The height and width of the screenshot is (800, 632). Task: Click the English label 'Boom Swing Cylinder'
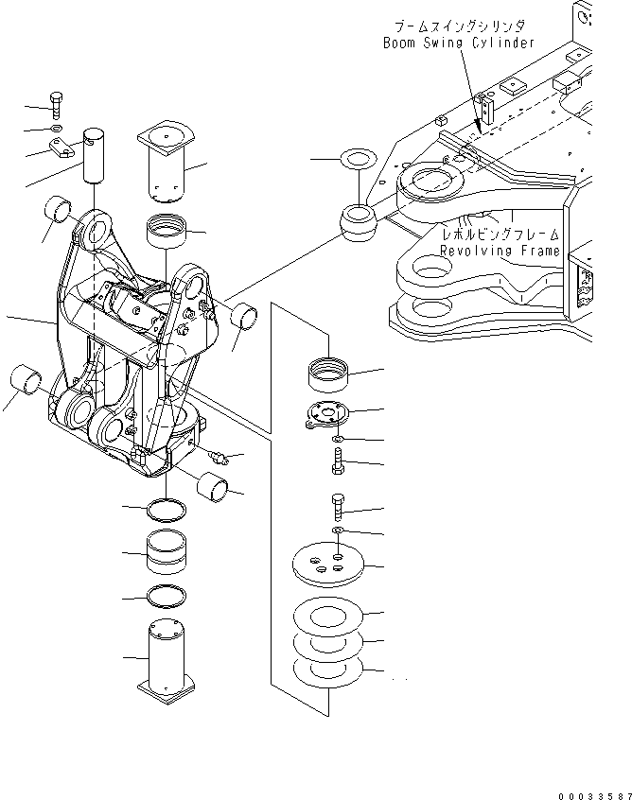pyautogui.click(x=458, y=43)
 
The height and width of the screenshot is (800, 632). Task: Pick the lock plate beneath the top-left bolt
pyautogui.click(x=63, y=146)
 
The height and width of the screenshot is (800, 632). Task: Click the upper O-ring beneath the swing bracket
pyautogui.click(x=166, y=512)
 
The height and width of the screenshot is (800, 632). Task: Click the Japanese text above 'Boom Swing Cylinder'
pyautogui.click(x=458, y=26)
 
